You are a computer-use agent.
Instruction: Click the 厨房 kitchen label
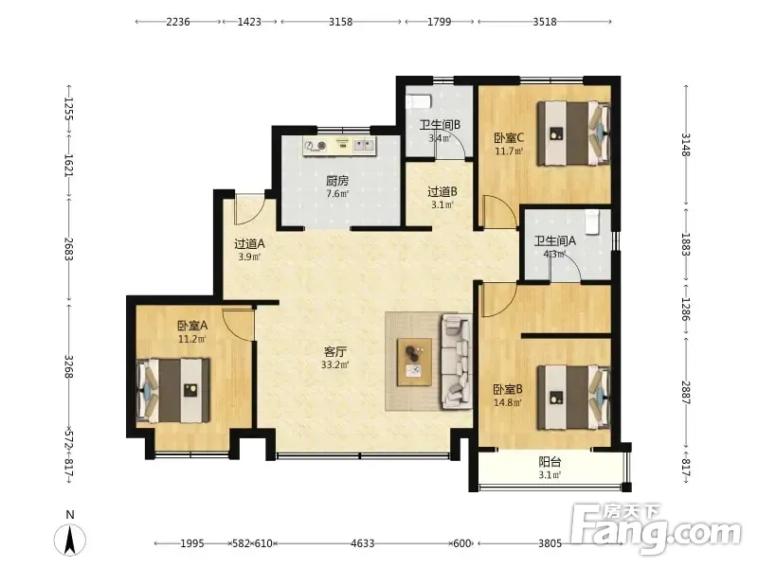pyautogui.click(x=337, y=181)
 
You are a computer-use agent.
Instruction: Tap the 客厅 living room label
pyautogui.click(x=335, y=351)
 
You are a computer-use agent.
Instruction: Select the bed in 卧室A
pyautogui.click(x=173, y=390)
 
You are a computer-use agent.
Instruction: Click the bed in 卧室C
pyautogui.click(x=574, y=133)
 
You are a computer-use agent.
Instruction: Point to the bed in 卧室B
pyautogui.click(x=574, y=397)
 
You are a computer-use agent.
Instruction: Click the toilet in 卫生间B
pyautogui.click(x=418, y=102)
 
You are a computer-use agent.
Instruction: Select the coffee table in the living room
pyautogui.click(x=414, y=363)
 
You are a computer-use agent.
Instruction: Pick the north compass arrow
pyautogui.click(x=70, y=540)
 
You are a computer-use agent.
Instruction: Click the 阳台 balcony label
pyautogui.click(x=550, y=462)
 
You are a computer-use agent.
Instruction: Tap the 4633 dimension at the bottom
pyautogui.click(x=363, y=543)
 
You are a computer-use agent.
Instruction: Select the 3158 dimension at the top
pyautogui.click(x=341, y=22)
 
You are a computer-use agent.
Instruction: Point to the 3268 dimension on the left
pyautogui.click(x=69, y=367)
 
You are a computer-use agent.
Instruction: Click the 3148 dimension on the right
pyautogui.click(x=686, y=145)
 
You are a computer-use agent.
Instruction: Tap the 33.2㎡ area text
pyautogui.click(x=335, y=364)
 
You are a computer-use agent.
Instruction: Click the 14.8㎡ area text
pyautogui.click(x=508, y=402)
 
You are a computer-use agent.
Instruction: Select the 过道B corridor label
pyautogui.click(x=442, y=192)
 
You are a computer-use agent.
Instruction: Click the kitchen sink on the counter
pyautogui.click(x=365, y=145)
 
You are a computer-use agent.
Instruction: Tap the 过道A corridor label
pyautogui.click(x=249, y=244)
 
